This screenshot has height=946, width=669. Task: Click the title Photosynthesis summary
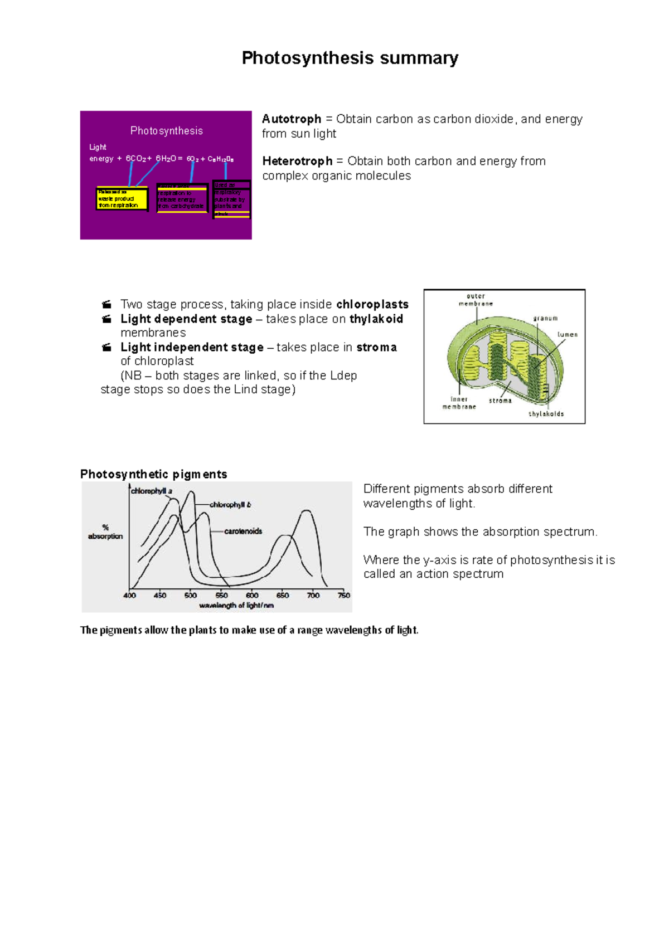[x=350, y=58]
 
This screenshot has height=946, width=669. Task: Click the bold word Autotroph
[x=292, y=119]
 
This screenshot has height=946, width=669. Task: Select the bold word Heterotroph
[x=297, y=161]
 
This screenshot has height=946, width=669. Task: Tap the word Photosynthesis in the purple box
[x=166, y=131]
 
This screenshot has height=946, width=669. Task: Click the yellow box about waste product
[x=122, y=199]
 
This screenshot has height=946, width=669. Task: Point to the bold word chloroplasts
[x=372, y=304]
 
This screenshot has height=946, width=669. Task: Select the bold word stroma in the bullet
[x=376, y=347]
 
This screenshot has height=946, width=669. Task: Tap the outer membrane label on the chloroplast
[x=476, y=300]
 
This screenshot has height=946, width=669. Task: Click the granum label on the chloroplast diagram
[x=545, y=318]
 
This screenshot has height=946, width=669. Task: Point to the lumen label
[x=567, y=334]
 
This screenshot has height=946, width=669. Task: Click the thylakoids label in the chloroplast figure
[x=546, y=414]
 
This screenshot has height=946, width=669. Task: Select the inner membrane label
[x=459, y=403]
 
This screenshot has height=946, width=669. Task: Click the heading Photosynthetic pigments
[x=153, y=474]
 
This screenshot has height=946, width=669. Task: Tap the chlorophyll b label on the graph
[x=230, y=505]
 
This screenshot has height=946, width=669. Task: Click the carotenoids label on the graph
[x=243, y=531]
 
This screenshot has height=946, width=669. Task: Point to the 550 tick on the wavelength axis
[x=221, y=595]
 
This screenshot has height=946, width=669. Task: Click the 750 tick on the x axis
[x=343, y=595]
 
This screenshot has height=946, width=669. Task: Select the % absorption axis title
[x=105, y=531]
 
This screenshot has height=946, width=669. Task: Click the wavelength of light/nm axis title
[x=236, y=605]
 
